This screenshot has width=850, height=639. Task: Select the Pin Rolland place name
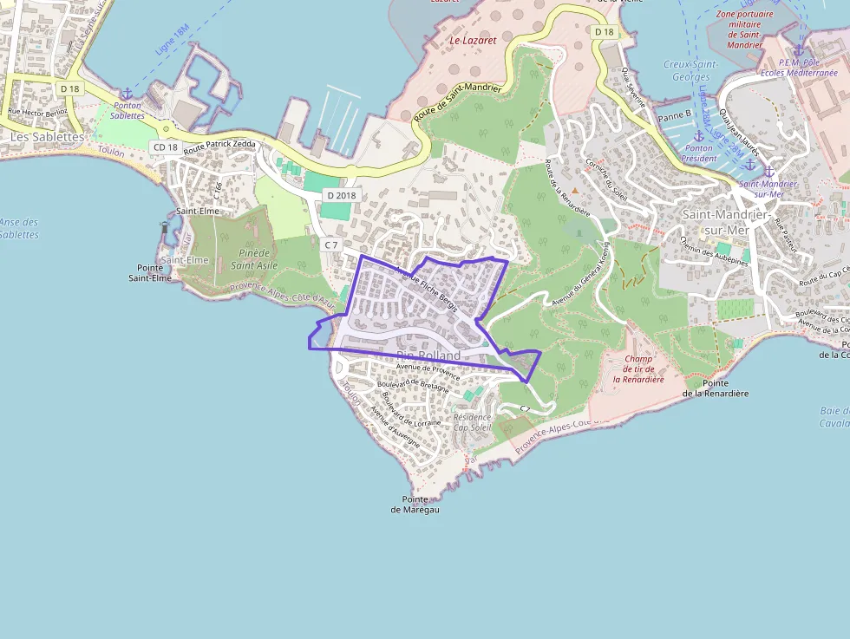coord(428,355)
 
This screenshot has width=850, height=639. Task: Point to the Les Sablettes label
coord(48,137)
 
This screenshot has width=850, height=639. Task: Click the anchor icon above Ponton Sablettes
coord(127,94)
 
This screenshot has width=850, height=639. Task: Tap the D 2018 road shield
coord(341,195)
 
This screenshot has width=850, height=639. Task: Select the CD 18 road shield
coord(165,147)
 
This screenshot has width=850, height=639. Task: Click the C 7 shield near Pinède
coord(330,245)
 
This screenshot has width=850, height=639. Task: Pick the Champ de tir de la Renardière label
coord(638,368)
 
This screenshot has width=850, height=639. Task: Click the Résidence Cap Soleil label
coord(472,422)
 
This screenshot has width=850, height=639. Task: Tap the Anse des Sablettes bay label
coord(18,228)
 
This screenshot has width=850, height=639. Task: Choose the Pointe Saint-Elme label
coord(150,273)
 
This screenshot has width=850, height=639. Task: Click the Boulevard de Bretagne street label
coord(415,386)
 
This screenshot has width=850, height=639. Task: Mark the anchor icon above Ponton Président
coord(698,136)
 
